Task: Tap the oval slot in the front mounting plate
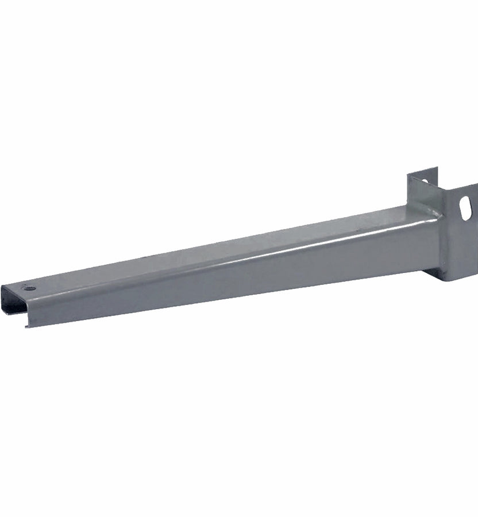pos(465,208)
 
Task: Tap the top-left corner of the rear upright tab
pos(409,174)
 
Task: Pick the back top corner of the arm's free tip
pos(3,285)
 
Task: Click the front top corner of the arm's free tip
pos(28,301)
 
